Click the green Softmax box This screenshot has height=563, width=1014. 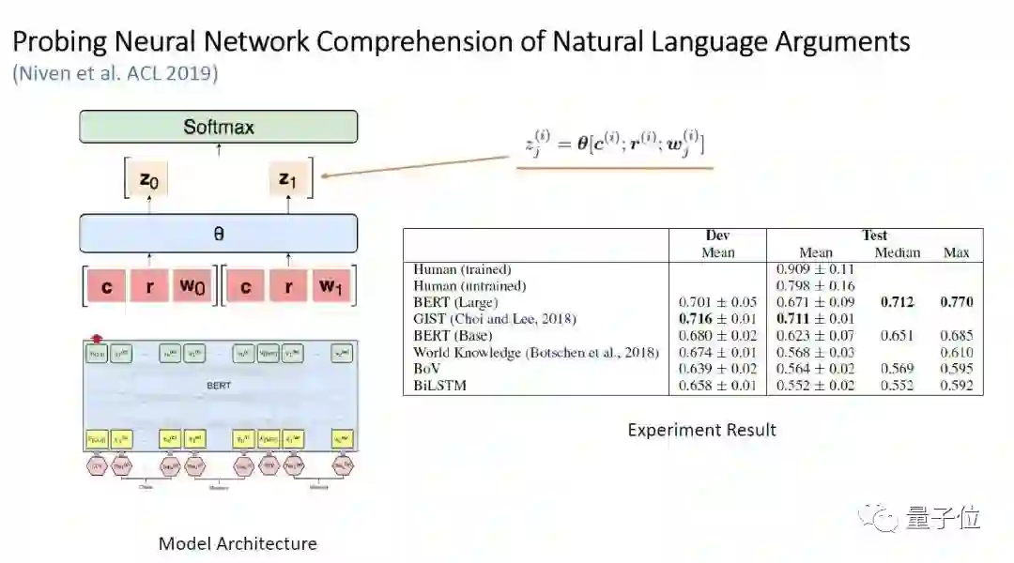[x=218, y=127]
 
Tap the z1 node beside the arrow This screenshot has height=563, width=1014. [x=287, y=179]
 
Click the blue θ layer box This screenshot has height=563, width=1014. [x=218, y=234]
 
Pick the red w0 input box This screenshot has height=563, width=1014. [x=192, y=286]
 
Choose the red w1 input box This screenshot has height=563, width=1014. [x=330, y=286]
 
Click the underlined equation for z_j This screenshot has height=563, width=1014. [x=614, y=145]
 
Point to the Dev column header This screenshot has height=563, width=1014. [x=717, y=236]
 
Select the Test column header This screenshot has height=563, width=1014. [x=874, y=236]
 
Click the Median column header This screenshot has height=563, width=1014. [x=898, y=252]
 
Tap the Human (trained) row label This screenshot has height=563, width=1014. [x=470, y=269]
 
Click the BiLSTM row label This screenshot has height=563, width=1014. [x=440, y=386]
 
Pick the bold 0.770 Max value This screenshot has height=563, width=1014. [x=956, y=302]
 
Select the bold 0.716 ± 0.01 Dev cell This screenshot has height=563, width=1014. [x=717, y=319]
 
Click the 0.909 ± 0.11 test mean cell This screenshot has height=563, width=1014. [x=815, y=269]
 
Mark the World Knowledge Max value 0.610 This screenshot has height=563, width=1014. [x=956, y=352]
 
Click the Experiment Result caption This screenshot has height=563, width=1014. [x=701, y=431]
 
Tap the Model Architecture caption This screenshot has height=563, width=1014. [x=238, y=543]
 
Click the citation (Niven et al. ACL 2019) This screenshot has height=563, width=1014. [x=115, y=73]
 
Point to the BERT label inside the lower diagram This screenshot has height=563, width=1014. [x=218, y=385]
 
